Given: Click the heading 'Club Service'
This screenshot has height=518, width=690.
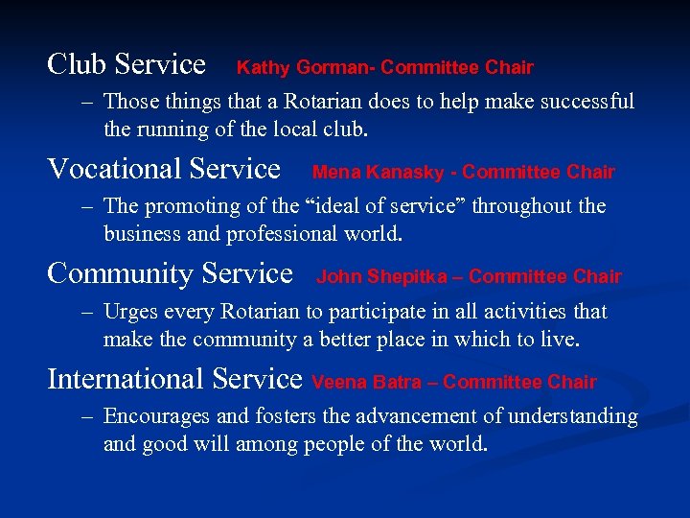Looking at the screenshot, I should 126,64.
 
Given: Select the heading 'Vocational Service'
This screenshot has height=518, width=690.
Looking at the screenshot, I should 164,169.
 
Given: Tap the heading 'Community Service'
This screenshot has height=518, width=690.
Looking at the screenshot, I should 170,273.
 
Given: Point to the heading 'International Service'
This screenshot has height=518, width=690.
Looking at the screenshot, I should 174,379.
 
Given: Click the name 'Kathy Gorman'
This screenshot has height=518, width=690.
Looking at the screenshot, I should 305,68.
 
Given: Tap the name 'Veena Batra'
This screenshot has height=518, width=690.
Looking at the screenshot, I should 366,383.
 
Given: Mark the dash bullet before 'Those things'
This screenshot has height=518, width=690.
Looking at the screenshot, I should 87,102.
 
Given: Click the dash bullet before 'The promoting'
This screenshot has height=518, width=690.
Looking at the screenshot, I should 87,206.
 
